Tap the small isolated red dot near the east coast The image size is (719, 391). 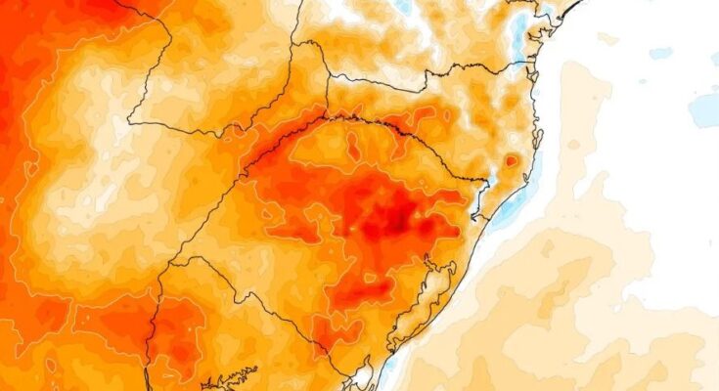point(511,160)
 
